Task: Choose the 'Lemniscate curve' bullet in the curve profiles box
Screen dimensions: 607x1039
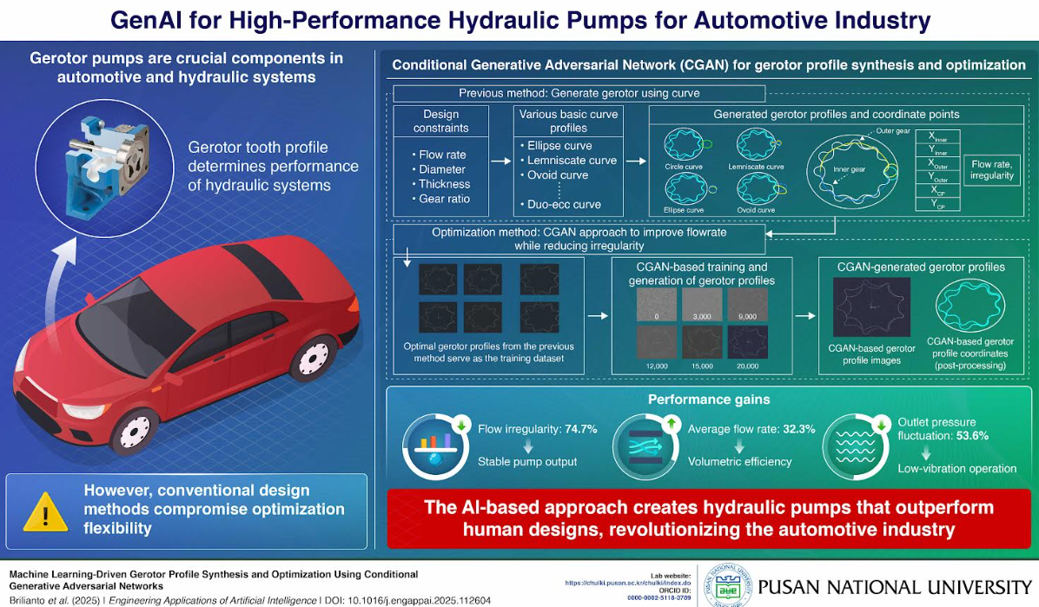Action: pos(571,160)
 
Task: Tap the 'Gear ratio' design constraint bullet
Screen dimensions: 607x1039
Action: pos(446,199)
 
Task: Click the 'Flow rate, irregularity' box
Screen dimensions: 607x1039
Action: pos(992,169)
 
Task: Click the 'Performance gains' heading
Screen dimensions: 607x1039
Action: pos(708,399)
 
